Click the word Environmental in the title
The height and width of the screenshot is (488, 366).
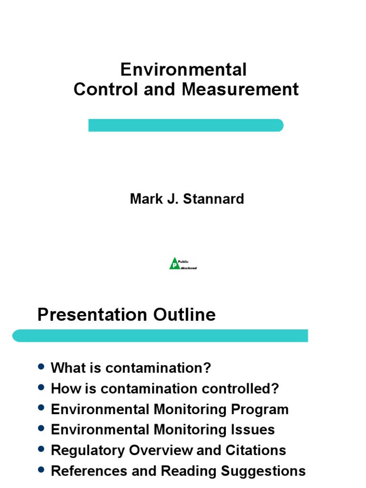click(183, 70)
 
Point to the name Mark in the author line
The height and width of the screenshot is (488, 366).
click(144, 198)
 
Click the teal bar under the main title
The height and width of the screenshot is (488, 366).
click(186, 125)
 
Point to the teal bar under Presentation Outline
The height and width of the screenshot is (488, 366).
click(160, 335)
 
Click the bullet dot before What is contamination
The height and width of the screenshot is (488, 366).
click(41, 367)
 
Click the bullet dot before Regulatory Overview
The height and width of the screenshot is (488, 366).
click(41, 449)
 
